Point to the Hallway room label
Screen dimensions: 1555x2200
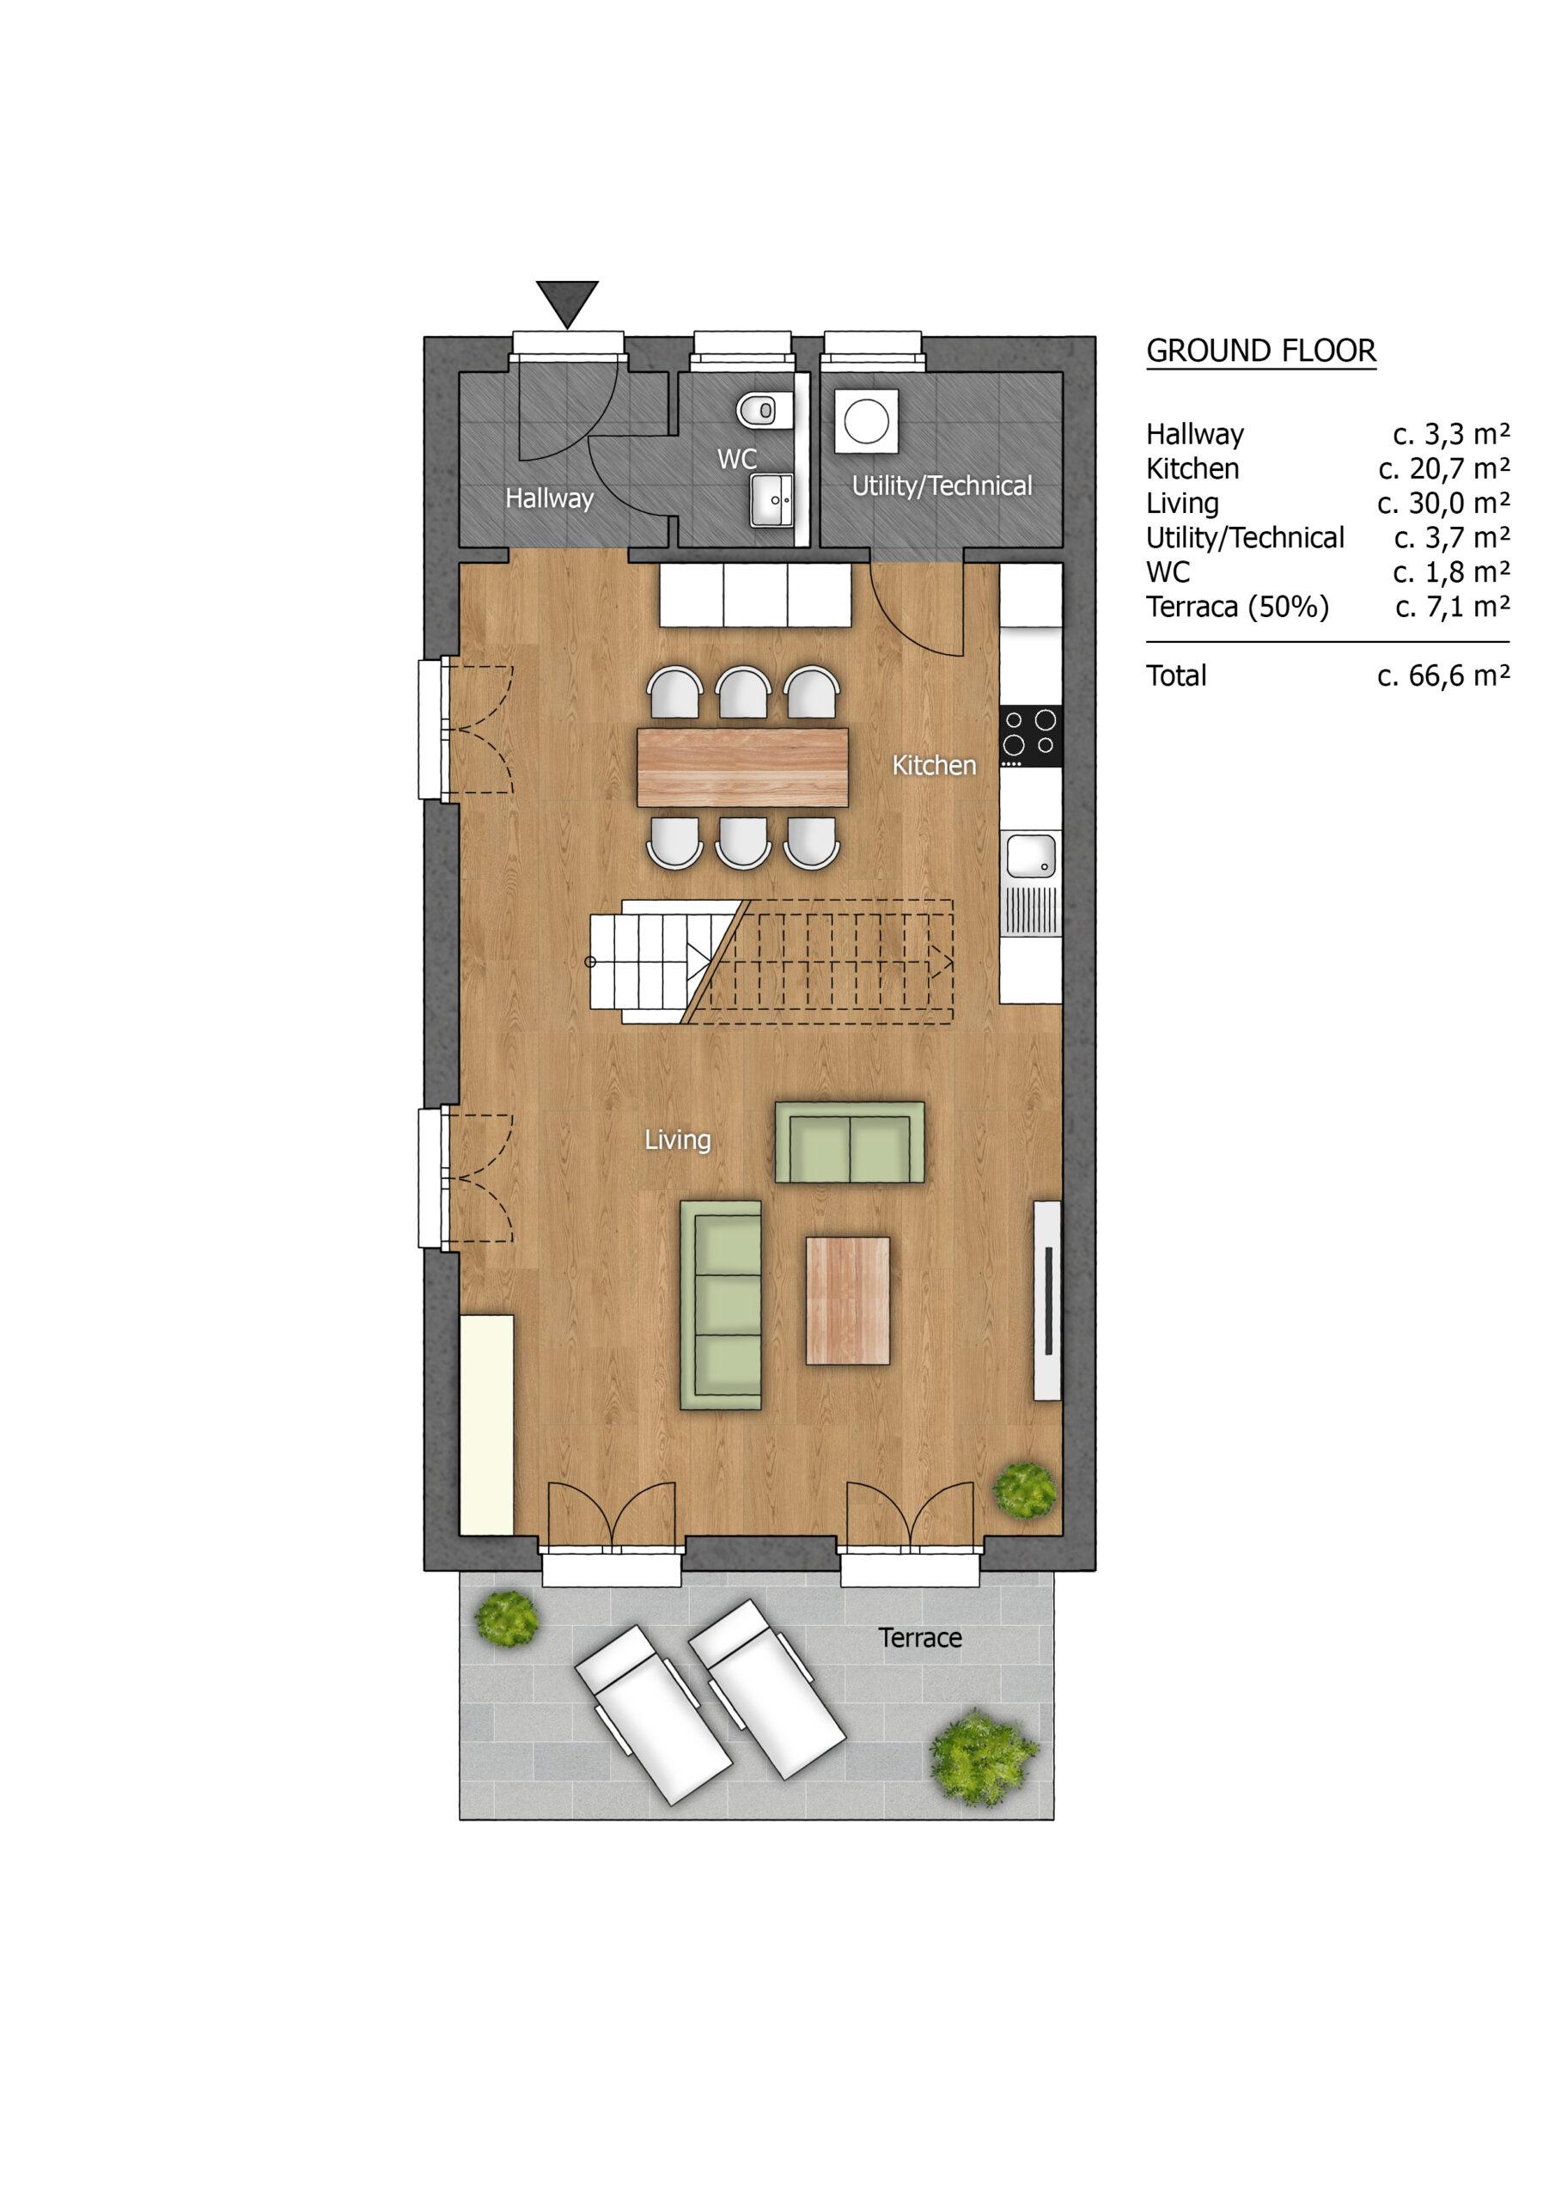click(549, 499)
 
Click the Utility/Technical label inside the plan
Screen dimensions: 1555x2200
click(942, 486)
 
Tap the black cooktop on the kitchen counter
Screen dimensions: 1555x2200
click(1031, 736)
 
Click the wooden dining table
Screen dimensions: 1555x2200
click(742, 767)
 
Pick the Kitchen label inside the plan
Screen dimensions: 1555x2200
click(934, 766)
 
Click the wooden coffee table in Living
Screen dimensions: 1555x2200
click(848, 1300)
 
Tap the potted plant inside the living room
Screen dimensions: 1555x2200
click(1025, 1488)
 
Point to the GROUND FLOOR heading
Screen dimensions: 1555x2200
click(1261, 351)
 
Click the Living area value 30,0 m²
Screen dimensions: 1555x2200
click(1444, 504)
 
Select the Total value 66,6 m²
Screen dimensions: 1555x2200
click(1444, 676)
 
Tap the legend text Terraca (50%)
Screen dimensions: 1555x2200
click(1238, 608)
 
